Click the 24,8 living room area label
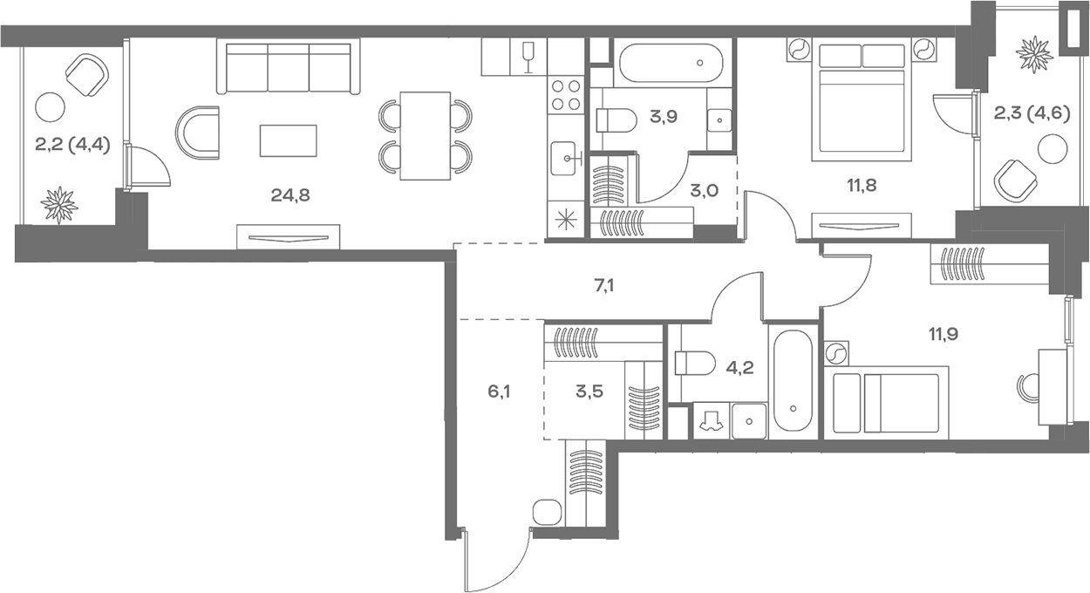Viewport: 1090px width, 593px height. pos(290,194)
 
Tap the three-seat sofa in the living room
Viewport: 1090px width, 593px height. pos(288,68)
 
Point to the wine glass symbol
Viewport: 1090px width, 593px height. pos(527,58)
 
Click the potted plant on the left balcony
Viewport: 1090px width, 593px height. pos(59,204)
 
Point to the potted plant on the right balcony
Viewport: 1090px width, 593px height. pos(1035,54)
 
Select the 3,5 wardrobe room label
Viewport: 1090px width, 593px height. pos(590,390)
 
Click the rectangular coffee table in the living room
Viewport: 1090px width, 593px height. pos(289,140)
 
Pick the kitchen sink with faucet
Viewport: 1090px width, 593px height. pos(568,158)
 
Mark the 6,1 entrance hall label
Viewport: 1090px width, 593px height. pos(499,391)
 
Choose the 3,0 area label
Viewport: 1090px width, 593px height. pos(704,191)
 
